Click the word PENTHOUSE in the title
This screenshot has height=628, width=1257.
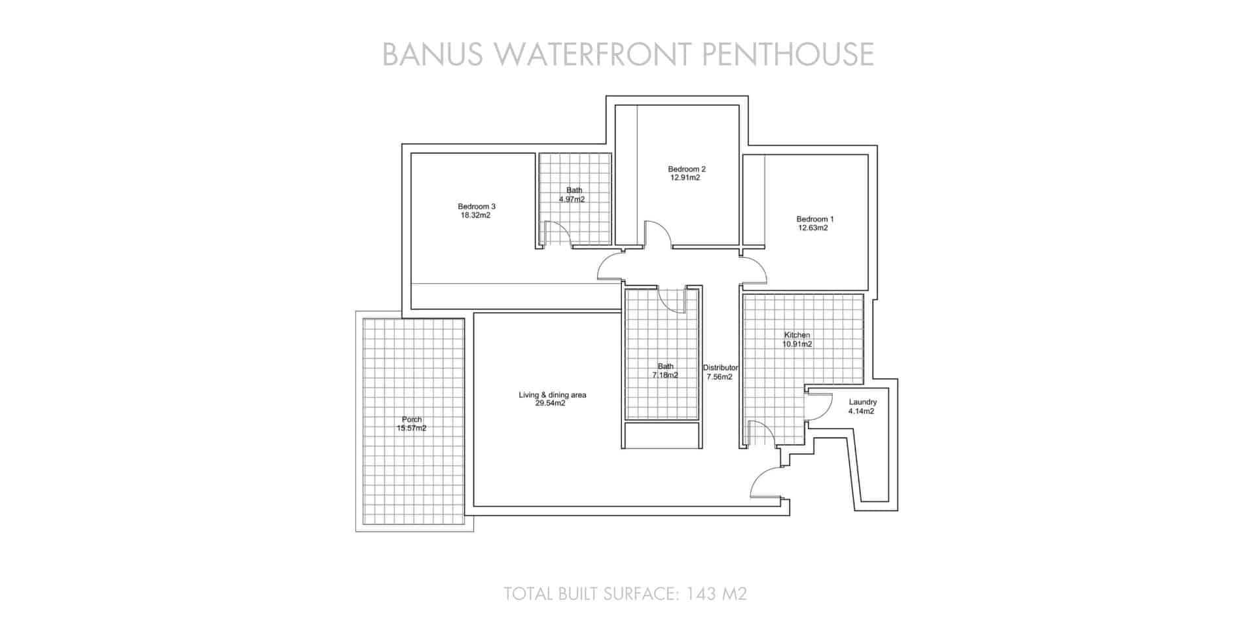click(x=788, y=54)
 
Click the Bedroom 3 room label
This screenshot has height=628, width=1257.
click(x=476, y=206)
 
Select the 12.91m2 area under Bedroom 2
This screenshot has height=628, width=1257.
click(x=685, y=178)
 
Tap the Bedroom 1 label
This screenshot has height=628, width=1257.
click(x=814, y=219)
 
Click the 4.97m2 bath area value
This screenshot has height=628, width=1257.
click(x=572, y=200)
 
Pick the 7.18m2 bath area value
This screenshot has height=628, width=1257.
click(x=665, y=375)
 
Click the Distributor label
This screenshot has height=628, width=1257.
click(x=720, y=368)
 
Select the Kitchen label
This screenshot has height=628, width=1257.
click(x=797, y=335)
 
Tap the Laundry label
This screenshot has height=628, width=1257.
click(x=862, y=402)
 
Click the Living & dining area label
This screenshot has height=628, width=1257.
click(x=552, y=394)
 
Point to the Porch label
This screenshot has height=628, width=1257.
click(x=412, y=419)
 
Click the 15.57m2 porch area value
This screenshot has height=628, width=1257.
click(x=411, y=428)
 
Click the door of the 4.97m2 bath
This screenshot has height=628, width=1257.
click(x=556, y=234)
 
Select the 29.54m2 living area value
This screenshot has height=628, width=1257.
click(x=550, y=404)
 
